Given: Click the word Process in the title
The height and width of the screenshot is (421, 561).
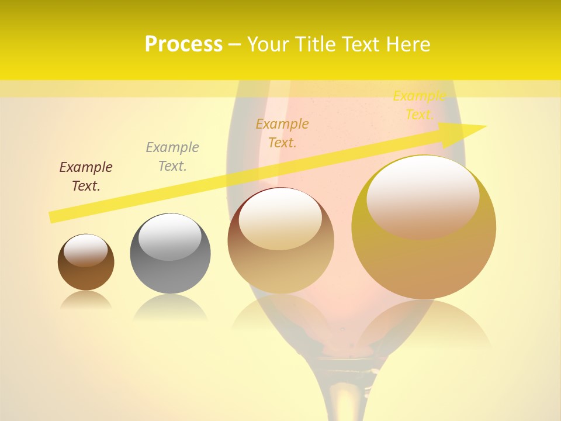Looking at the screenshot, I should tap(183, 44).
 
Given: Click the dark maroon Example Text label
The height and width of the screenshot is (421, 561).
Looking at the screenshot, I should tap(86, 177).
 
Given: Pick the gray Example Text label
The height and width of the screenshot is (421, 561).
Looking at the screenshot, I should tap(172, 157).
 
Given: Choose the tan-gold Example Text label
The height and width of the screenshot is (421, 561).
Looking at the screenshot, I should tap(282, 133).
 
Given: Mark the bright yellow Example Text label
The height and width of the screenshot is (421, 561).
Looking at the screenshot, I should tap(419, 105).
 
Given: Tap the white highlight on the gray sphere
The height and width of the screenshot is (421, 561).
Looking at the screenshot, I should tap(169, 237).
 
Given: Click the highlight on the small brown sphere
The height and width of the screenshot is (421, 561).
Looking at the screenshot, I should tap(85, 249).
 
